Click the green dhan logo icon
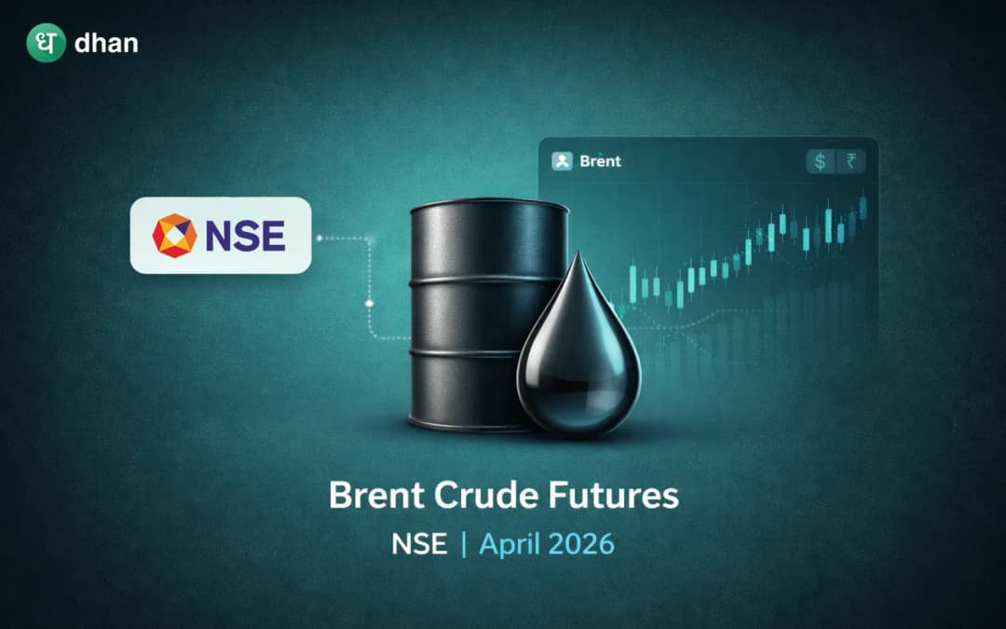(x=46, y=43)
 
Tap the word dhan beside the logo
(x=105, y=43)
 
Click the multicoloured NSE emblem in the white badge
(x=174, y=235)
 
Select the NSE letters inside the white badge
(x=245, y=236)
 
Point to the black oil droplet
(x=578, y=363)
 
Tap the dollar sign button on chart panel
(x=820, y=161)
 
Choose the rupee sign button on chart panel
(x=850, y=161)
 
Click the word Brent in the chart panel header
(x=600, y=161)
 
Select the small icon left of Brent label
(x=562, y=161)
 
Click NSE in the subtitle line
(x=419, y=544)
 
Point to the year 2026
(x=584, y=544)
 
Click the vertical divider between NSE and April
(x=463, y=544)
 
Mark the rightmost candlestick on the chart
(x=863, y=207)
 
